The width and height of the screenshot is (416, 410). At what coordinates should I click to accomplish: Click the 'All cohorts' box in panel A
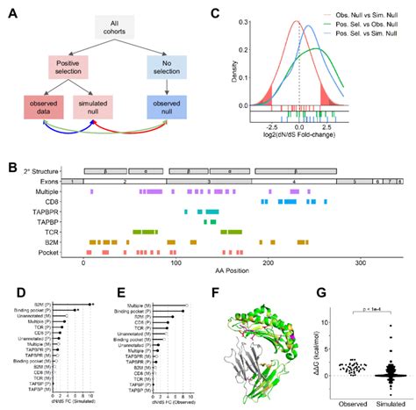115,27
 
